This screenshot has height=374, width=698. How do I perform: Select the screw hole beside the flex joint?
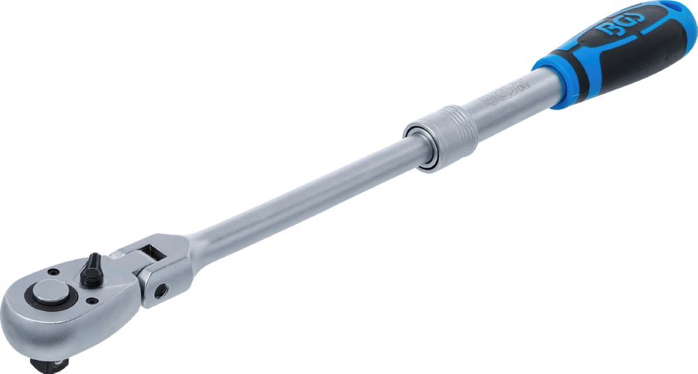(92, 301)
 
